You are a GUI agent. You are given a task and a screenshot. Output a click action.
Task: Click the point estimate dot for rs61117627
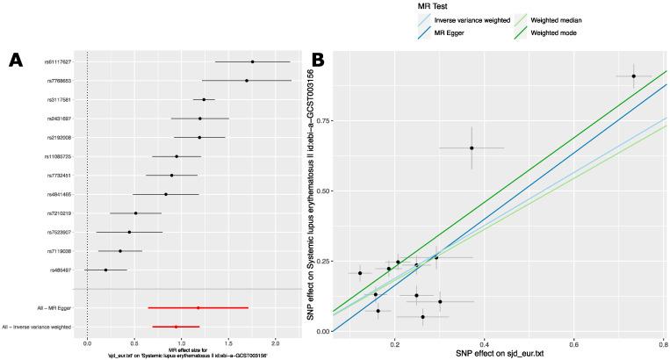tap(252, 61)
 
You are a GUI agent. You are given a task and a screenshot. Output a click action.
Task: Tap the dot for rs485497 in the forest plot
tap(105, 270)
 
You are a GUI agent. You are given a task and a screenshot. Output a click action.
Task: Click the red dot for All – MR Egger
tap(198, 308)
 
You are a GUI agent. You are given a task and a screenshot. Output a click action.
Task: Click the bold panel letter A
tap(14, 60)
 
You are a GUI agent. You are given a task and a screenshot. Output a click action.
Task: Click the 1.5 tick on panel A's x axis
tap(228, 340)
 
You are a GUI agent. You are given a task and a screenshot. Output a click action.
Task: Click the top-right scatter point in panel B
tap(633, 76)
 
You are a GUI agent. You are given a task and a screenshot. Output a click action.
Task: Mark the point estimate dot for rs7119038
tap(120, 251)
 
